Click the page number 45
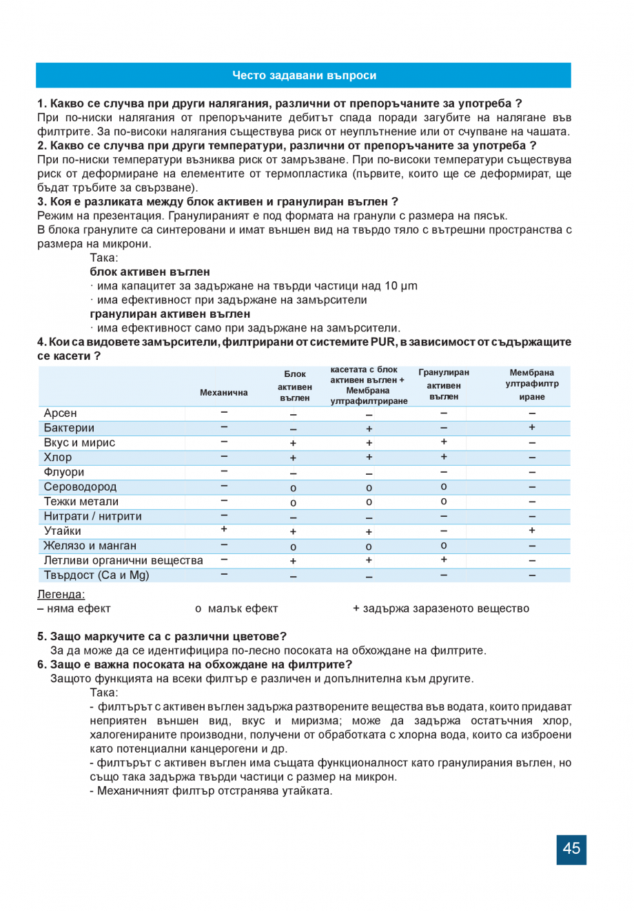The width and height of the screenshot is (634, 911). coord(571,848)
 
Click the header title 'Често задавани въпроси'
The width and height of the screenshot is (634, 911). coord(304,76)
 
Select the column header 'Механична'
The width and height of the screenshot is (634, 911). coord(223,392)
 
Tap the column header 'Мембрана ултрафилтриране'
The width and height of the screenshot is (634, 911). coord(532,385)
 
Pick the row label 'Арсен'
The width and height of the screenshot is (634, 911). coord(61,413)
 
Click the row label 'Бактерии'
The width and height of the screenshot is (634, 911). coord(69,428)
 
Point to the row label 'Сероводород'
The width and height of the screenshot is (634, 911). coord(80,487)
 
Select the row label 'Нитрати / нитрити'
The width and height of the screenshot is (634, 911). coord(92,516)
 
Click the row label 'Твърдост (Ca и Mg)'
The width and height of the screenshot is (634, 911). coord(96,575)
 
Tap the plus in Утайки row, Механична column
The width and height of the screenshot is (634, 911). coord(224,529)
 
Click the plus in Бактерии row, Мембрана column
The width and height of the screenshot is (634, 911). coord(532,427)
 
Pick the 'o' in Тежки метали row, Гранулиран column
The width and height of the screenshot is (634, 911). coord(444,501)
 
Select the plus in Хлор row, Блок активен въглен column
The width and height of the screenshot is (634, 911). coord(294,458)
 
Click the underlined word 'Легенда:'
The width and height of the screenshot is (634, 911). coord(61,594)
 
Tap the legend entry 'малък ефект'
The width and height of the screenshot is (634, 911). coord(243,608)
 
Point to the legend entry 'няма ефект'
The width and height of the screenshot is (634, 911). coord(78,608)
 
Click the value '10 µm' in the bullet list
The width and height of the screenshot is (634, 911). coord(401,286)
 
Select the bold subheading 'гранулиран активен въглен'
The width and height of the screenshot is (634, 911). coord(170,314)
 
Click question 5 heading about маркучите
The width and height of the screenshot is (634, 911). coord(162,636)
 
